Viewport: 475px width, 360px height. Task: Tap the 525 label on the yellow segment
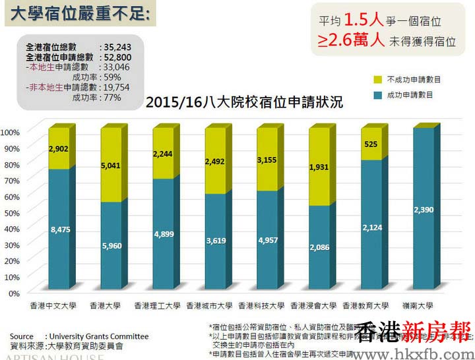(x=371, y=144)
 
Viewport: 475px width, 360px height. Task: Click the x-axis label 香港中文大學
(x=53, y=306)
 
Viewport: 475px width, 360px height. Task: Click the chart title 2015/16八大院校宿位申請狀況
(x=244, y=103)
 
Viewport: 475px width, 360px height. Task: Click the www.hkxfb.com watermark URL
(x=418, y=352)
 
